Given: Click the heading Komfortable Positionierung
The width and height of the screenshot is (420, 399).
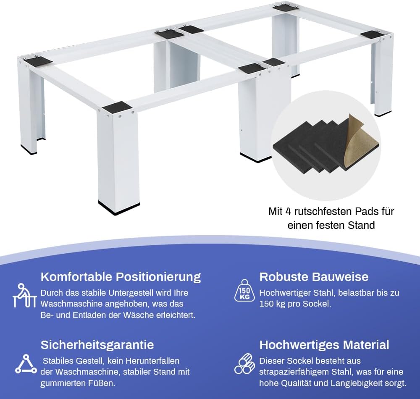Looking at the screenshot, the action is (121, 277).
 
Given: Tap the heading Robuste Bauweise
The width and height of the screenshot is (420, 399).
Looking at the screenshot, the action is (314, 277).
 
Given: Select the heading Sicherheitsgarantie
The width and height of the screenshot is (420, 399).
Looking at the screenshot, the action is (97, 345).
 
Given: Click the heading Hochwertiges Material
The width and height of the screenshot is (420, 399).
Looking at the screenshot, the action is (324, 345).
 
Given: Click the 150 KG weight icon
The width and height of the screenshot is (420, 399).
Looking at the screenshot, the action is (244, 291).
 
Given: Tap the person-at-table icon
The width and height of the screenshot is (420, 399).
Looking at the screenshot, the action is (24, 296).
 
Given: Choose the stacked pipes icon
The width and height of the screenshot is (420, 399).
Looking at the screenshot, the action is (244, 364).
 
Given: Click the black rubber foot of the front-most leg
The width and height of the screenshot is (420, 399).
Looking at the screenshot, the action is (119, 208).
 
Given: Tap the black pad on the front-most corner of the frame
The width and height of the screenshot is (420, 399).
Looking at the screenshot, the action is (118, 107).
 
